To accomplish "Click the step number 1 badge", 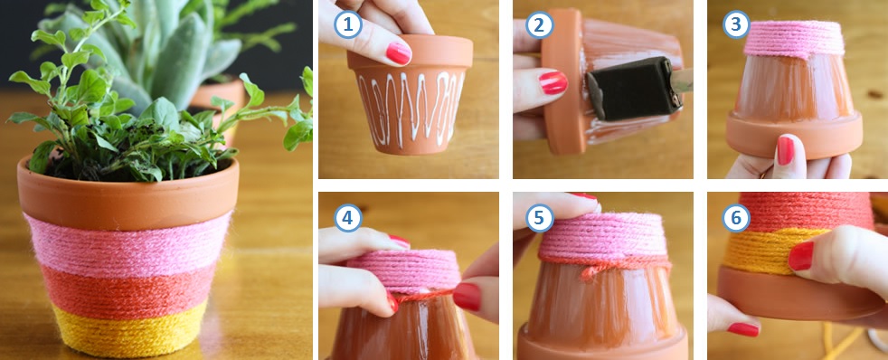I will pyautogui.click(x=348, y=25).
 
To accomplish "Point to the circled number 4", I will pyautogui.click(x=348, y=218).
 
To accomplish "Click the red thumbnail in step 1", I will pyautogui.click(x=398, y=53).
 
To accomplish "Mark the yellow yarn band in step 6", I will pyautogui.click(x=760, y=253).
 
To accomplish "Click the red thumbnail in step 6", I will pyautogui.click(x=800, y=255).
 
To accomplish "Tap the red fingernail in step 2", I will pyautogui.click(x=553, y=83).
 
